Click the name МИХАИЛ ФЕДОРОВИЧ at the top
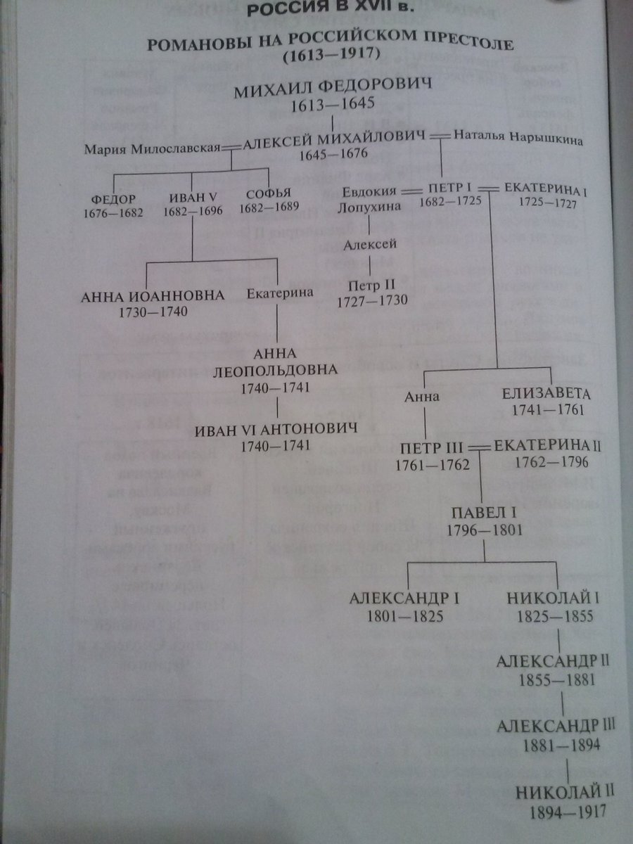(332, 91)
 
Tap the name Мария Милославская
(151, 148)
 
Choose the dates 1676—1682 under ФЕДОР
(113, 212)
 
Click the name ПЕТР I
(448, 188)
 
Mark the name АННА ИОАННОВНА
(153, 295)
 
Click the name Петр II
(371, 286)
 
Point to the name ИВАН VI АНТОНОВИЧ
(276, 430)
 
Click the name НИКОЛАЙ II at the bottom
(565, 793)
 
